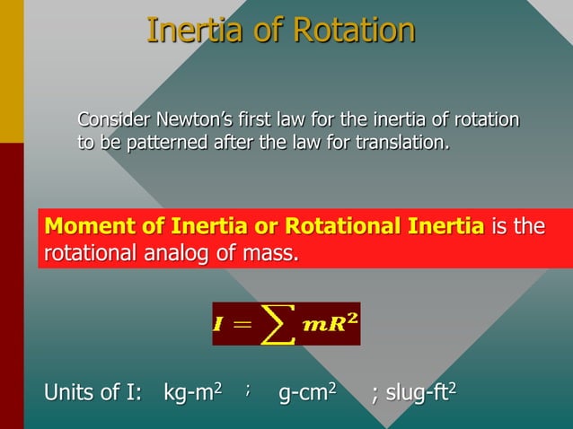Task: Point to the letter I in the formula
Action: pyautogui.click(x=218, y=325)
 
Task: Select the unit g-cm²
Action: pyautogui.click(x=307, y=393)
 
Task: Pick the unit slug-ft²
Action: pyautogui.click(x=420, y=393)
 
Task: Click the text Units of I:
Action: pyautogui.click(x=93, y=393)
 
